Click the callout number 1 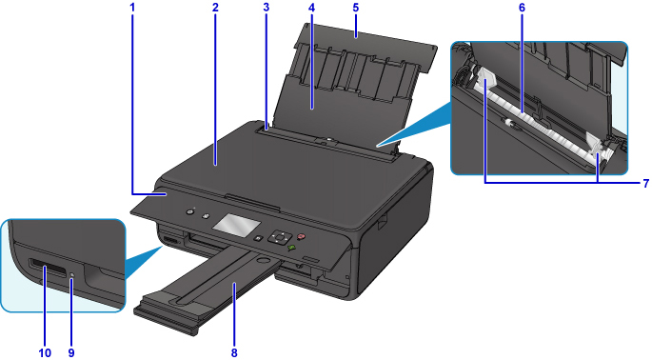(x=132, y=8)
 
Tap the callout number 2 (x=215, y=8)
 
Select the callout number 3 (x=267, y=8)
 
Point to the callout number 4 (x=312, y=8)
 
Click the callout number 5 (x=356, y=8)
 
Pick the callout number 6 (x=522, y=8)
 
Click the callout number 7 (x=645, y=183)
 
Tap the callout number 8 (x=234, y=352)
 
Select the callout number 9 (x=71, y=352)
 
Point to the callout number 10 (x=45, y=352)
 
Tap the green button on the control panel (x=292, y=248)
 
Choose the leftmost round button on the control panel (x=190, y=211)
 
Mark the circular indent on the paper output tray (x=262, y=260)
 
